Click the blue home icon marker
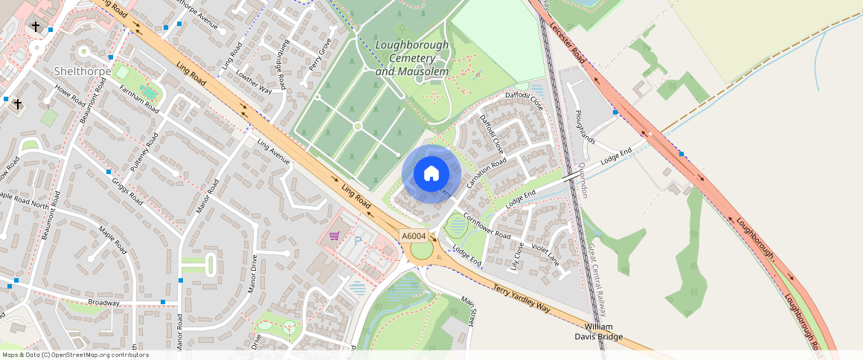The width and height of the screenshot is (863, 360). coord(431,174)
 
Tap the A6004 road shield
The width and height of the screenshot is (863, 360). coord(414,236)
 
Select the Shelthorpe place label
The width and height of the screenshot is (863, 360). coord(83,71)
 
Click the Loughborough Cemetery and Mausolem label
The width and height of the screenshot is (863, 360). coord(411,58)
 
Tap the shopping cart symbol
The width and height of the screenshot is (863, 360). coord(334,237)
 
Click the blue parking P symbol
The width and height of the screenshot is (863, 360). coord(357,240)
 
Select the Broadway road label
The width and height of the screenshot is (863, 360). coord(103,303)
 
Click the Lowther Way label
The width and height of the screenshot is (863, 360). coord(254,80)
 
